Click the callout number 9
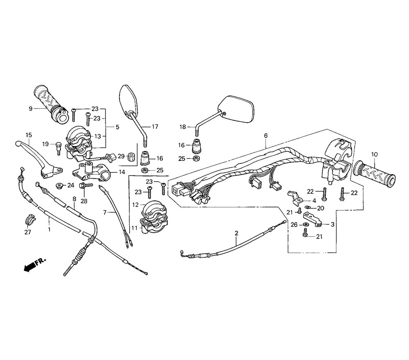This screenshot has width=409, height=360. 31,108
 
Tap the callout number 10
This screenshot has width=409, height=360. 374,155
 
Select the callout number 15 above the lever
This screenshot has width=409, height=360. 29,135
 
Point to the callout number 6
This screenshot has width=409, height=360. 266,136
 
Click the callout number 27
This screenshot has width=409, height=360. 28,232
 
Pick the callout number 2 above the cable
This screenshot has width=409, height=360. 236,233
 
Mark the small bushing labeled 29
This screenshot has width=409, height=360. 131,157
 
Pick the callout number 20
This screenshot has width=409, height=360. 320,209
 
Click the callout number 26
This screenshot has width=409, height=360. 294,225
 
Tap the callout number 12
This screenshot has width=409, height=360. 135,205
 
